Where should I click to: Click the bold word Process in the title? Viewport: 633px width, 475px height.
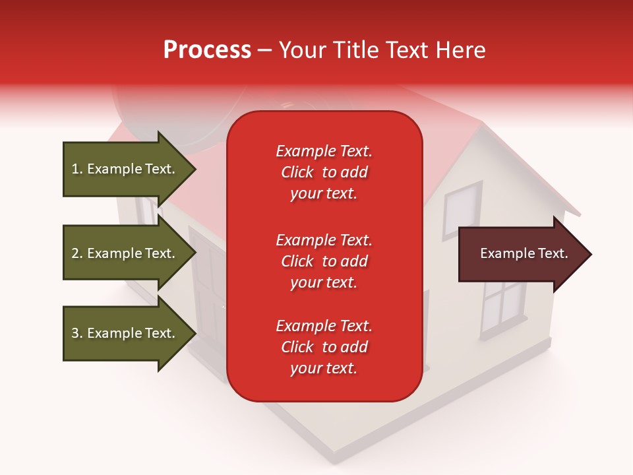click(207, 50)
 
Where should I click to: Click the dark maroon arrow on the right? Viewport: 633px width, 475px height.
click(521, 254)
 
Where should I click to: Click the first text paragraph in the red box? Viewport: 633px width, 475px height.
click(324, 172)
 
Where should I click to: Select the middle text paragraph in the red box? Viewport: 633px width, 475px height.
click(324, 261)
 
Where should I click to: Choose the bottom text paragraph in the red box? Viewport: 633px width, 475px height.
click(324, 347)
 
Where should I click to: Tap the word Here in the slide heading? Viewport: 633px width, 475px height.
click(461, 50)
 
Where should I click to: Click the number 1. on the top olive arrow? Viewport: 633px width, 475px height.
click(77, 169)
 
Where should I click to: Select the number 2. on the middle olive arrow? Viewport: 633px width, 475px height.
click(77, 253)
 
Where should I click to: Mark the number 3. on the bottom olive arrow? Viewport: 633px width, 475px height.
click(77, 333)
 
